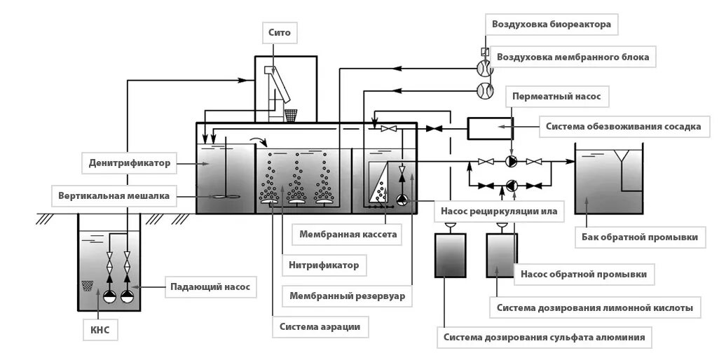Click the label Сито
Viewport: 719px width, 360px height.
(x=278, y=32)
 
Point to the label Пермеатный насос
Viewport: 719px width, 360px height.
(x=556, y=95)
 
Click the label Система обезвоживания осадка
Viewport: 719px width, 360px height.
(x=623, y=127)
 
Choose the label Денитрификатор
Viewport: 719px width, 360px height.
(x=130, y=164)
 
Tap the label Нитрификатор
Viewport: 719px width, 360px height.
(x=324, y=265)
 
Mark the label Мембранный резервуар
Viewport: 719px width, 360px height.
(x=348, y=296)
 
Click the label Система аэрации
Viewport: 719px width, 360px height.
(x=320, y=326)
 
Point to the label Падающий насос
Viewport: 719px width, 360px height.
(x=210, y=286)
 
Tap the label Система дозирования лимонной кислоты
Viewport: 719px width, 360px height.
(x=595, y=307)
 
